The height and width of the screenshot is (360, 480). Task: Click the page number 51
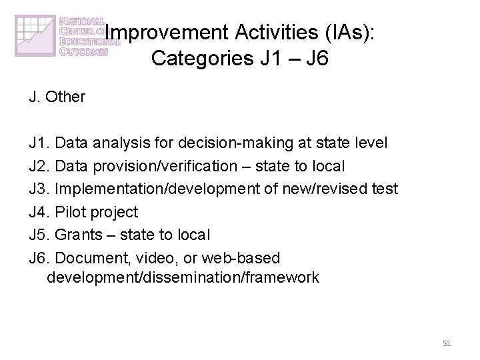447,343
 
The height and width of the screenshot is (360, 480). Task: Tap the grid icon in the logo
35,37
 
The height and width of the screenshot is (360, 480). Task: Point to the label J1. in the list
39,143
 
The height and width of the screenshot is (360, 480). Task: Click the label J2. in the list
39,166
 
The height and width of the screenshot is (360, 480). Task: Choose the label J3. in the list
39,189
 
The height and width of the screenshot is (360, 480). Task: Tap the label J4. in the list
39,212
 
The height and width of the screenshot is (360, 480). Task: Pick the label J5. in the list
39,235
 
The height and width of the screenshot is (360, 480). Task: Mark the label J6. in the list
39,257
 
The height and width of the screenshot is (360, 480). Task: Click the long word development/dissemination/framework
183,277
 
